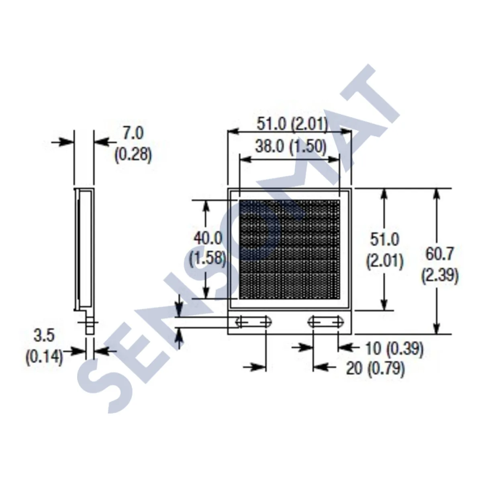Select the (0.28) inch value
click(133, 155)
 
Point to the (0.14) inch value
click(44, 357)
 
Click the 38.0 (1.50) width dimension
click(290, 147)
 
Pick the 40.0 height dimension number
click(208, 238)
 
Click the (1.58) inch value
click(208, 257)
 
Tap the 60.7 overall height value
click(440, 254)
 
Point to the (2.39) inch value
click(440, 276)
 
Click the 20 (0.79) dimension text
click(375, 368)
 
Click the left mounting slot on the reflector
click(253, 322)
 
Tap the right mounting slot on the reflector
click(325, 322)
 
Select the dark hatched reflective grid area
click(289, 249)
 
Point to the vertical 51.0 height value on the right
click(384, 240)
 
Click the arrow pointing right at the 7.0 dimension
click(63, 141)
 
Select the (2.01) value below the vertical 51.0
click(384, 261)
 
